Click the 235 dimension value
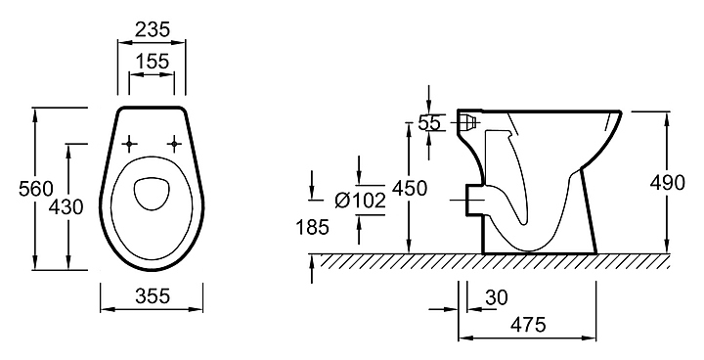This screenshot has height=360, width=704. click(153, 29)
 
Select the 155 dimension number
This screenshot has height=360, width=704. click(153, 61)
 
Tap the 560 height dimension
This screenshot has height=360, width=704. click(36, 188)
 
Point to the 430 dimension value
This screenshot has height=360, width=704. click(66, 207)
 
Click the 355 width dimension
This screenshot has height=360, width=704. click(153, 296)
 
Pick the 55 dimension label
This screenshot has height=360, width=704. click(429, 122)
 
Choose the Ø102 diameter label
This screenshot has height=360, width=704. click(361, 201)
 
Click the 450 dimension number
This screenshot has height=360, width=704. click(410, 188)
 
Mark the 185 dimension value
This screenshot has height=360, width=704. click(313, 227)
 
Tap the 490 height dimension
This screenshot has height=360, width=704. click(668, 183)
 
